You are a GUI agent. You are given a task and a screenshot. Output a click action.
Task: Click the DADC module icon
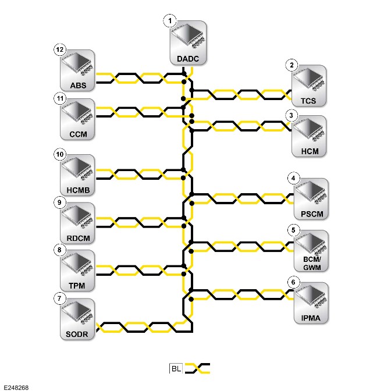188,43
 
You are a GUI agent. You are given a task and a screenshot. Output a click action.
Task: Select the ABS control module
77,70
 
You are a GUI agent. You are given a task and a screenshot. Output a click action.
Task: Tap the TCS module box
309,86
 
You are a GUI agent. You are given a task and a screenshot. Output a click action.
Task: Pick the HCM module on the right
309,136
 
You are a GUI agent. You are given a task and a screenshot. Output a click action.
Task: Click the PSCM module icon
311,199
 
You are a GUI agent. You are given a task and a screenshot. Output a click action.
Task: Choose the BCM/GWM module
311,251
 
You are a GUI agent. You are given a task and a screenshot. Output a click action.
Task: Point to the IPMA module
311,303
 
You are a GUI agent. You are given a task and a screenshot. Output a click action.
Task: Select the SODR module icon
77,319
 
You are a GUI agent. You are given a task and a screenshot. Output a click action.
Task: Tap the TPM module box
77,271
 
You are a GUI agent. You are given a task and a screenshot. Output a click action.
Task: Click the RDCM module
77,223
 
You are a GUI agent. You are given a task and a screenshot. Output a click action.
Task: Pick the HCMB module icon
77,175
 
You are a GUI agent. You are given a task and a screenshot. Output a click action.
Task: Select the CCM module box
77,119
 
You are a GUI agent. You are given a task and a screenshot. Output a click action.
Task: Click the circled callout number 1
170,21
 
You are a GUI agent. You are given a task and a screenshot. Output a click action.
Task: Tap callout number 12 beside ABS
60,49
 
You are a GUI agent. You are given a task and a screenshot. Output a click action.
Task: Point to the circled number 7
59,298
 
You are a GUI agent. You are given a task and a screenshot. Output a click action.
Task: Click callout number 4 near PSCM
293,178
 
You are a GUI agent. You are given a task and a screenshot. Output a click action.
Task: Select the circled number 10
60,154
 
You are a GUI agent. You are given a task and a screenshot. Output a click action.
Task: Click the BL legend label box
176,368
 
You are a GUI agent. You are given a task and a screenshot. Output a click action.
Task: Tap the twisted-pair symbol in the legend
197,368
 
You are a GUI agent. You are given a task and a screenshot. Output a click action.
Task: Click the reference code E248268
16,388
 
